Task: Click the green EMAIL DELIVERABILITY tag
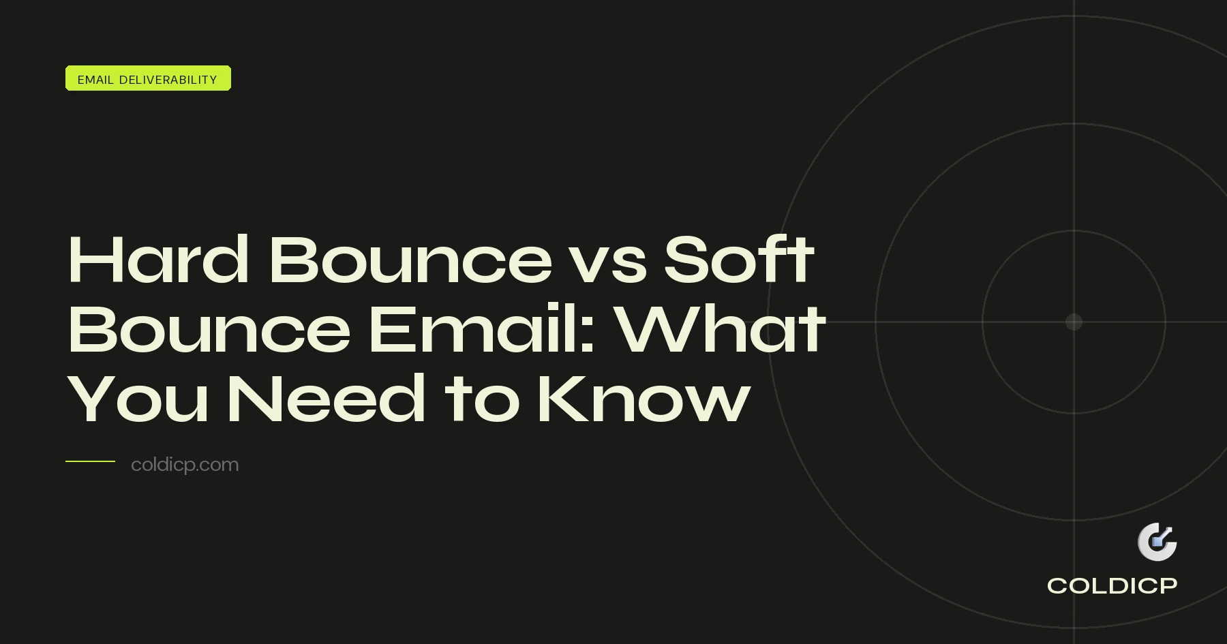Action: pos(148,78)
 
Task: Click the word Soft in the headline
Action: pos(738,260)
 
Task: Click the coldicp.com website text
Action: pos(185,465)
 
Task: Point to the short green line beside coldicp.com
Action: pos(90,461)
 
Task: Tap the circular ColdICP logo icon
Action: pos(1157,542)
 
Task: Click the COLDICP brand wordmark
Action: pos(1112,585)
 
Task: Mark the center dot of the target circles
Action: pos(1074,322)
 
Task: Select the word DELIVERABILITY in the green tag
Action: pos(168,80)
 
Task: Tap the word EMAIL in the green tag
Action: pos(95,80)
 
